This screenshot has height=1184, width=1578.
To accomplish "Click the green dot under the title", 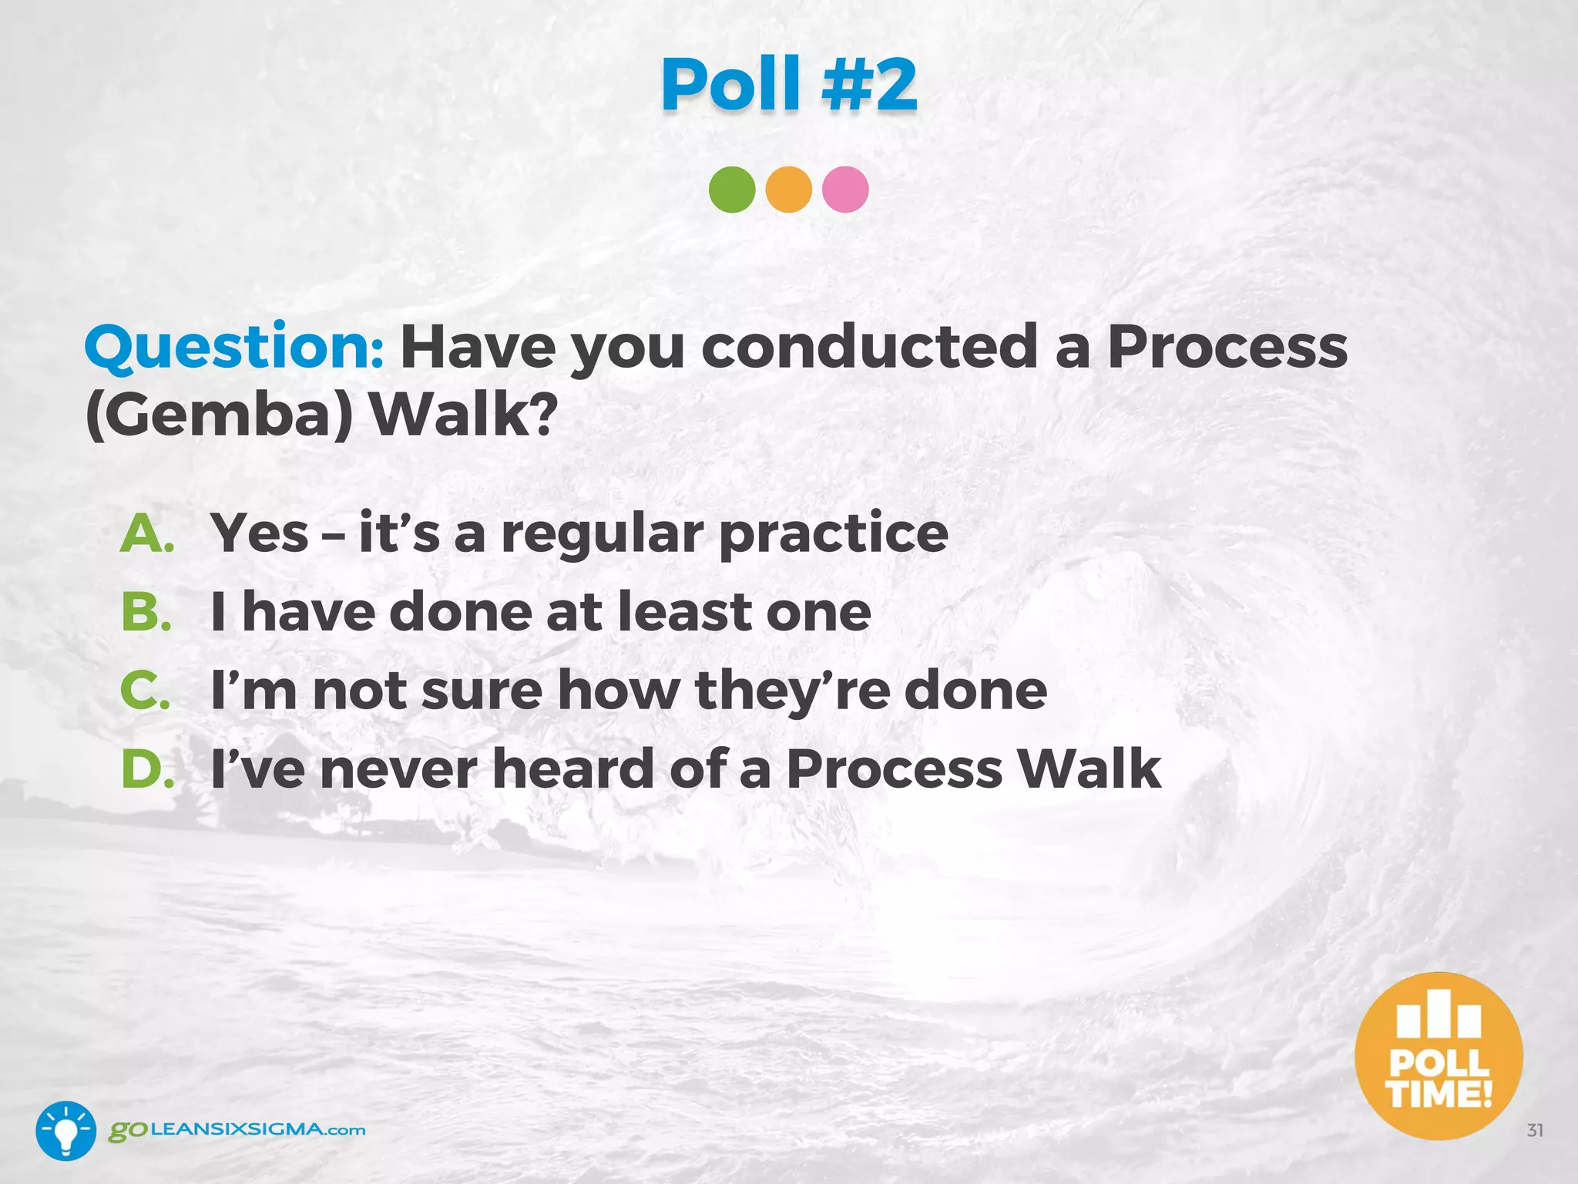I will coord(731,190).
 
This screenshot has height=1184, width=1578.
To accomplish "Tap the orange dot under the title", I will coord(788,190).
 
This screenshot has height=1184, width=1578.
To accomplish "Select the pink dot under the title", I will coord(845,190).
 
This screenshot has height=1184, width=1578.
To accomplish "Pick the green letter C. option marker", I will coord(146,690).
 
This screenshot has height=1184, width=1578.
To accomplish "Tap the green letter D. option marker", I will coord(147,769).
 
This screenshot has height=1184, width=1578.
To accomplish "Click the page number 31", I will coord(1535,1131).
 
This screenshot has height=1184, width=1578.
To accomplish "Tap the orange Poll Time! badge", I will coord(1439,1056).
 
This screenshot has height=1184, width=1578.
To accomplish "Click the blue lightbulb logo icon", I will coord(65,1131).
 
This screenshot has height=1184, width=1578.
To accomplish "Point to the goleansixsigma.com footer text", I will coord(237,1131).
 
